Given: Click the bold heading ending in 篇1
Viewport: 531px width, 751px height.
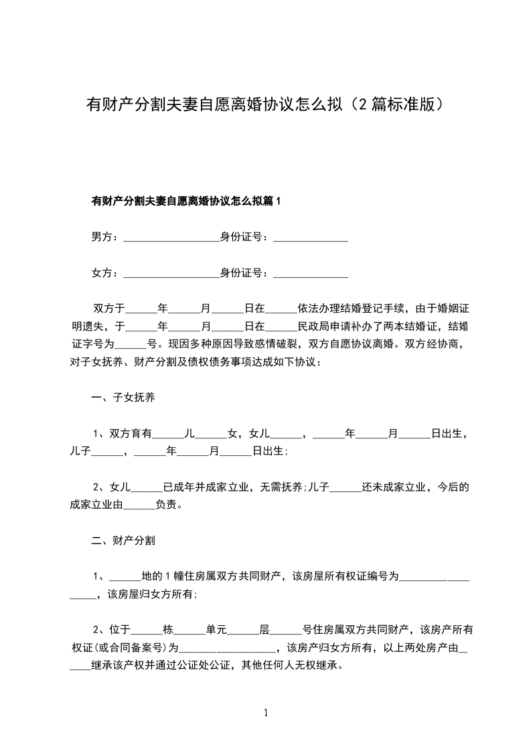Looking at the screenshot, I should [x=187, y=200].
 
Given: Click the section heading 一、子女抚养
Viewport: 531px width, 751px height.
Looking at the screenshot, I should [x=124, y=398].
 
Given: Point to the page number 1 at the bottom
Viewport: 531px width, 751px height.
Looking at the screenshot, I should [x=266, y=713].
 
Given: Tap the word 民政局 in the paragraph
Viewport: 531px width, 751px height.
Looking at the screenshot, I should [x=313, y=327].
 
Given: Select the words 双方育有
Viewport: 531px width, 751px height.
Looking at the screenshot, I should [x=131, y=434].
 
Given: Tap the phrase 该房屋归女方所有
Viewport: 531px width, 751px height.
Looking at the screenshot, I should [x=150, y=594].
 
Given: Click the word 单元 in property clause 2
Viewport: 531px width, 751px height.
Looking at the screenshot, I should [x=216, y=629].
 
